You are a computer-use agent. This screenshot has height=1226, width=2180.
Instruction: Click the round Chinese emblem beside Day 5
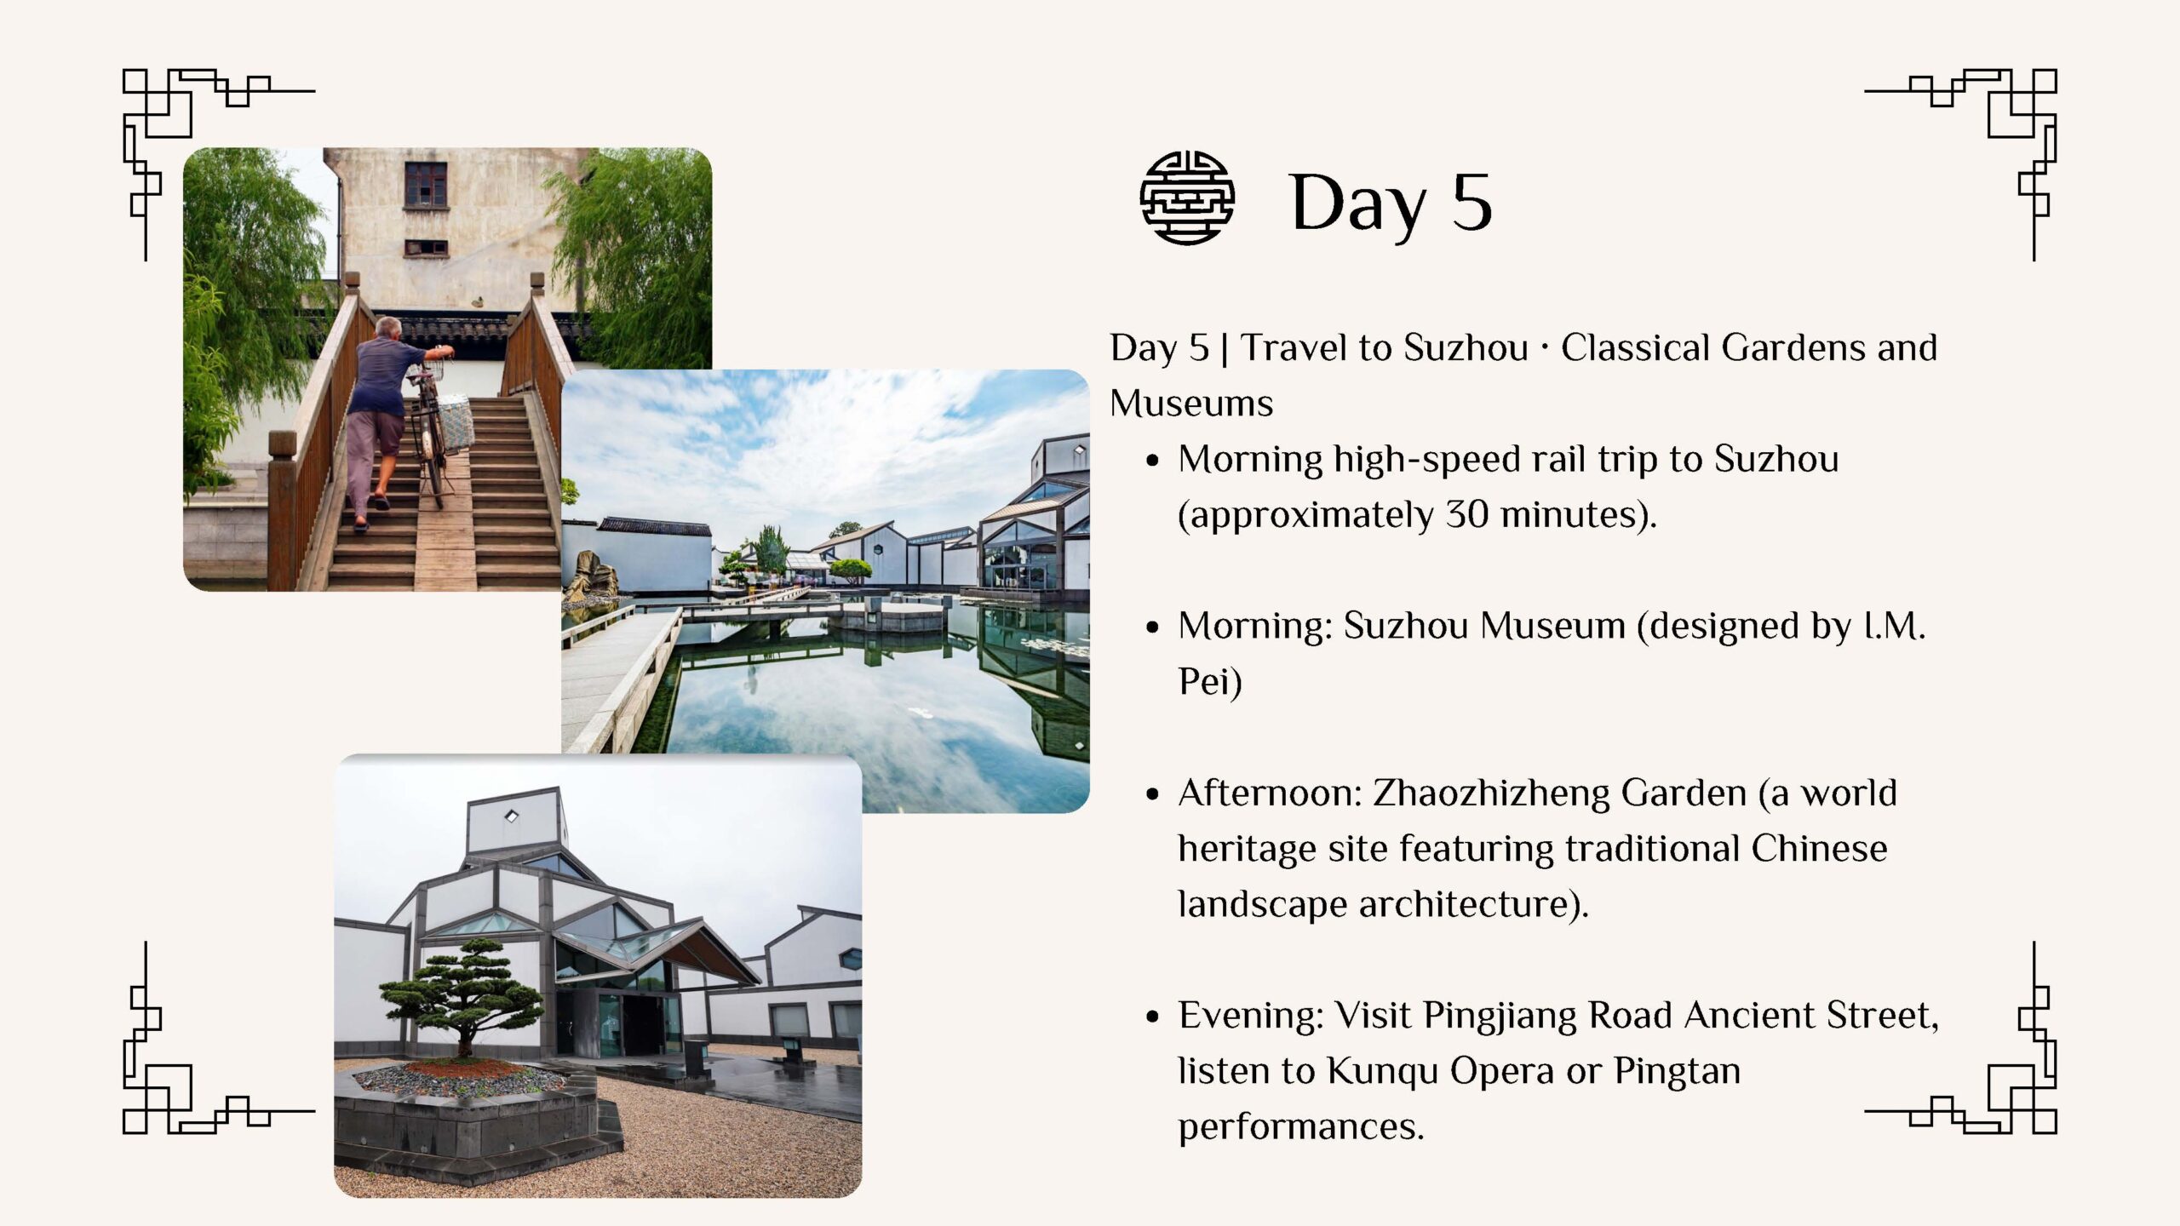click(x=1187, y=198)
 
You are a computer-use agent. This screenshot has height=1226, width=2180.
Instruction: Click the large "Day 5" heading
click(x=1391, y=203)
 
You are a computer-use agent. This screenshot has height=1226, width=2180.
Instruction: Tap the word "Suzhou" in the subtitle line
click(x=1466, y=347)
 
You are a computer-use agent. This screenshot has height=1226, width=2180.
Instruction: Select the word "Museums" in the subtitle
click(x=1191, y=404)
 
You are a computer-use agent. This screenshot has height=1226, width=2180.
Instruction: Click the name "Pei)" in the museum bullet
click(x=1210, y=682)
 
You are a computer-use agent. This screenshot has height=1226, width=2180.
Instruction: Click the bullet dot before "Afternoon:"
click(x=1153, y=795)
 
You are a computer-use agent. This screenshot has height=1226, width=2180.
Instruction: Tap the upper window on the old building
click(x=426, y=184)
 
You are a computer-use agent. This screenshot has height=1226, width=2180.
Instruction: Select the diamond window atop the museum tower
click(x=512, y=816)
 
